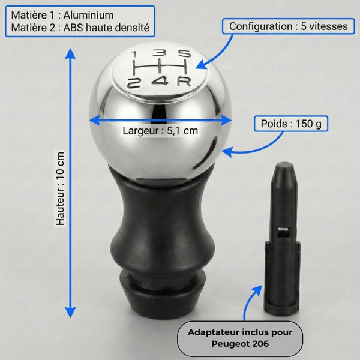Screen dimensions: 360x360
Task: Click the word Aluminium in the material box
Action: [x=88, y=15]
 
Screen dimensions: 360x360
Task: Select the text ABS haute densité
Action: [x=106, y=28]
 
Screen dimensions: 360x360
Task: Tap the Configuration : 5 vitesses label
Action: [x=289, y=26]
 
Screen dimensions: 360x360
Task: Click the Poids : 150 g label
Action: [x=291, y=124]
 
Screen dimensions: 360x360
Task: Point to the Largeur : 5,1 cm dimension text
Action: [x=160, y=131]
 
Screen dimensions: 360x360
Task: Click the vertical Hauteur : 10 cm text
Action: [x=60, y=188]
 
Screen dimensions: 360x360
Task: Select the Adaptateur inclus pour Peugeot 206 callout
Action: [x=240, y=338]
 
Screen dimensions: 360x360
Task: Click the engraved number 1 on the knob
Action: [x=134, y=55]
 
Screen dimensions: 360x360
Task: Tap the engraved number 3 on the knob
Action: [x=159, y=53]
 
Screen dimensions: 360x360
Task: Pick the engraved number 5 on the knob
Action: [x=185, y=53]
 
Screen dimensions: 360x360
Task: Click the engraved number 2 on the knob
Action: [x=134, y=83]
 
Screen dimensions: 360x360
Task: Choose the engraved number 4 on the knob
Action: [x=160, y=81]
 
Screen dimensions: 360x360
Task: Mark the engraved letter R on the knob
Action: [x=184, y=82]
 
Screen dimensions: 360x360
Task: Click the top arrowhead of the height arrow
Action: [x=70, y=53]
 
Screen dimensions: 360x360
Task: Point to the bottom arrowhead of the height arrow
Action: [x=70, y=313]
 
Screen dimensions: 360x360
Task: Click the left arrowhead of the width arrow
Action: [x=94, y=121]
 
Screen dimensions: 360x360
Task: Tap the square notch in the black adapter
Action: [x=283, y=232]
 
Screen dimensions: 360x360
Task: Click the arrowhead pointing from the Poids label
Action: [x=227, y=152]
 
